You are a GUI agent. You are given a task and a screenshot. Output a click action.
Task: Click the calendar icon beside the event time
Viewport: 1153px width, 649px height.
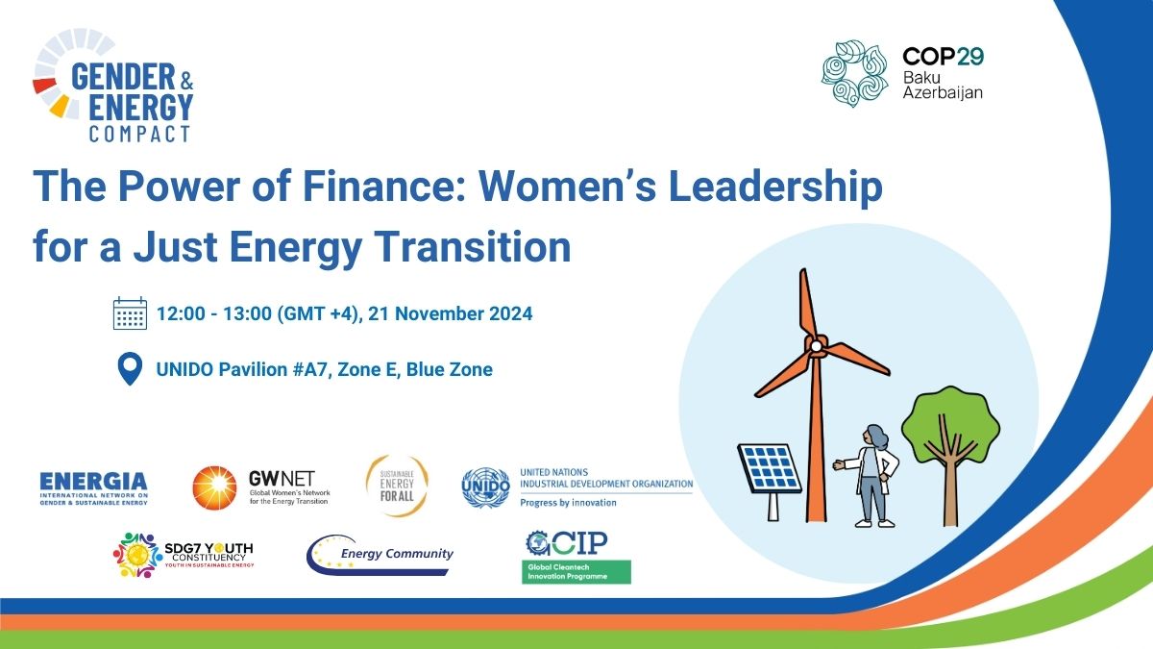[x=130, y=313]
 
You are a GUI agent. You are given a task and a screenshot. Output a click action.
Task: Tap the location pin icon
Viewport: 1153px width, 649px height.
[x=129, y=369]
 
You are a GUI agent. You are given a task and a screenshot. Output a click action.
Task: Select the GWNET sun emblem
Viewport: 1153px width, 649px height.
[x=214, y=487]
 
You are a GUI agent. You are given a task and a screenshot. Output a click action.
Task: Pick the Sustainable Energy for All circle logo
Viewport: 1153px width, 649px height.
[x=396, y=487]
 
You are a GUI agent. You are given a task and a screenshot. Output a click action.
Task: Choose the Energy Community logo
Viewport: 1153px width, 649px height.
[x=380, y=555]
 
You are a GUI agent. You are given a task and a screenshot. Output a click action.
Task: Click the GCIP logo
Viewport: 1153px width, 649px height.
[x=577, y=557]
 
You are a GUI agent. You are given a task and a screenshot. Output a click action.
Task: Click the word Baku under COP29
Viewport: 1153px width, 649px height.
[x=921, y=75]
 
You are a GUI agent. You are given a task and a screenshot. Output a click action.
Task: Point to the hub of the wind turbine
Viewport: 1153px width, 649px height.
[x=815, y=343]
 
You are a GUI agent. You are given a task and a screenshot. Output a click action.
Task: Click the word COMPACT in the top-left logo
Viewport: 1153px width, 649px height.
[x=140, y=133]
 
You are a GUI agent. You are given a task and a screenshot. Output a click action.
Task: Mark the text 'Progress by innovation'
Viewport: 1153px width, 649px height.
[x=568, y=502]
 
